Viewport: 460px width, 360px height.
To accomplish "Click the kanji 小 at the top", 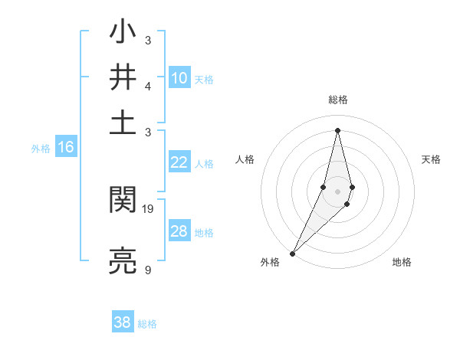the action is click(x=123, y=34).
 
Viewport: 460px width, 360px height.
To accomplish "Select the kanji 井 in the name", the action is click(x=123, y=77).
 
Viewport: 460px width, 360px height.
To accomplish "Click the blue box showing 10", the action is click(x=179, y=78).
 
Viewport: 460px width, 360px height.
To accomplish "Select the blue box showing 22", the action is click(x=179, y=162).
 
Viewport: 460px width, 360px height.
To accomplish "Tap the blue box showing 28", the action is click(x=179, y=231).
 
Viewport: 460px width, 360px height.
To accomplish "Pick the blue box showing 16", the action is click(x=66, y=148).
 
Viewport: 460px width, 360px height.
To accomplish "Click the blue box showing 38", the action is click(x=123, y=322).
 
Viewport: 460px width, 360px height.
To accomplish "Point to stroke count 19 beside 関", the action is click(x=149, y=208).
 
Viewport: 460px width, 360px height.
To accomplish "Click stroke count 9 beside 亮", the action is click(x=147, y=270).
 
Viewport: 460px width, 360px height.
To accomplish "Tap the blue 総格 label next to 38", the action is click(x=147, y=324).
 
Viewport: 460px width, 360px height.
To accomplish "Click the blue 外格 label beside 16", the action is click(x=41, y=149).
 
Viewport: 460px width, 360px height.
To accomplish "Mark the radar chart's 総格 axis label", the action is click(x=337, y=100).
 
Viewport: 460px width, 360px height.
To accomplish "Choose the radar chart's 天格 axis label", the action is click(x=431, y=159).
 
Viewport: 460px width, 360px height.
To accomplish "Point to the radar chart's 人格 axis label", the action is click(x=245, y=159).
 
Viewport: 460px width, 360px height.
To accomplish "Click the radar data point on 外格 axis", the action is click(x=293, y=253).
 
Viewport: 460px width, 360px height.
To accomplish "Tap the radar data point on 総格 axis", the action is click(x=337, y=129).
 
